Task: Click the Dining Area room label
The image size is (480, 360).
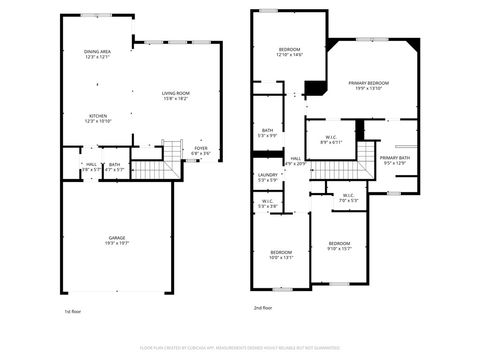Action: [97, 54]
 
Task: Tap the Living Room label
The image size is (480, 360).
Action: [176, 96]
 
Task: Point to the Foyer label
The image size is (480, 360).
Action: [201, 150]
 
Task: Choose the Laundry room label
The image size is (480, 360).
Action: [267, 177]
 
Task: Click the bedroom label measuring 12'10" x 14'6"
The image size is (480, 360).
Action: [289, 52]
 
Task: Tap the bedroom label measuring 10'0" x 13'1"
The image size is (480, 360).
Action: [281, 254]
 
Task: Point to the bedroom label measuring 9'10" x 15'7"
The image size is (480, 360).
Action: [339, 245]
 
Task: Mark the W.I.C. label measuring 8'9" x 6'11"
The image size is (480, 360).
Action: [331, 139]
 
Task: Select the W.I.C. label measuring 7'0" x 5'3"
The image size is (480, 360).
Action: [347, 197]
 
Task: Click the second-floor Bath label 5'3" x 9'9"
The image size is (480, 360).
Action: [268, 133]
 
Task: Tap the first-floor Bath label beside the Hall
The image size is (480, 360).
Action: [114, 167]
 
